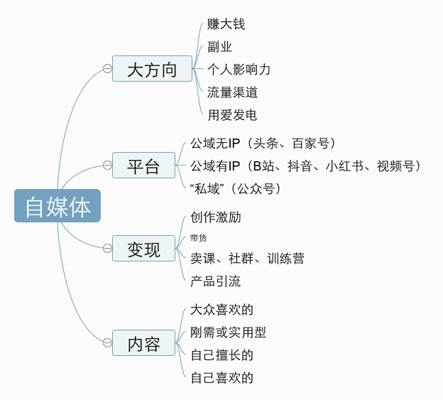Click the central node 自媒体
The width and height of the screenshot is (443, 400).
pyautogui.click(x=58, y=206)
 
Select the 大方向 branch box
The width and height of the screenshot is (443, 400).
pyautogui.click(x=152, y=69)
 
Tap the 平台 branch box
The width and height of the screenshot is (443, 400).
pyautogui.click(x=143, y=166)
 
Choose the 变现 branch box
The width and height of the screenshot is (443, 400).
pyautogui.click(x=143, y=249)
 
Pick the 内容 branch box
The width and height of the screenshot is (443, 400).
pyautogui.click(x=143, y=345)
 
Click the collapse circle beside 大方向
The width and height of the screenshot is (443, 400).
pyautogui.click(x=107, y=69)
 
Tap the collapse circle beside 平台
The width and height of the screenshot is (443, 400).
pyautogui.click(x=107, y=166)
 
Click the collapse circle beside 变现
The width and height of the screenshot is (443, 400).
pyautogui.click(x=107, y=248)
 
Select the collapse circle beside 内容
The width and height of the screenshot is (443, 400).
pyautogui.click(x=107, y=343)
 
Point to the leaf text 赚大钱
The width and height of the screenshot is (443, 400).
pyautogui.click(x=226, y=24)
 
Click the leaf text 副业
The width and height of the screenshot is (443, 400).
pyautogui.click(x=219, y=47)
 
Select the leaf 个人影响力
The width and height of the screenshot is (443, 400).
pyautogui.click(x=239, y=70)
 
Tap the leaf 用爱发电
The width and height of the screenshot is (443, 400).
pyautogui.click(x=232, y=114)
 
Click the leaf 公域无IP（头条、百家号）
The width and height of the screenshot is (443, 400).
pyautogui.click(x=263, y=144)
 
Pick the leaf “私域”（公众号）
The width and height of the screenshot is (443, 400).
pyautogui.click(x=236, y=188)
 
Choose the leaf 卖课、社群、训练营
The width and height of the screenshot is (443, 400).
pyautogui.click(x=247, y=259)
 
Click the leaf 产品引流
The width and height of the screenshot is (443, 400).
pyautogui.click(x=215, y=281)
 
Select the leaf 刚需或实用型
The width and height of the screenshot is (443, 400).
pyautogui.click(x=228, y=333)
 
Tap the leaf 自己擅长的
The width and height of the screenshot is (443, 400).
pyautogui.click(x=221, y=355)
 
